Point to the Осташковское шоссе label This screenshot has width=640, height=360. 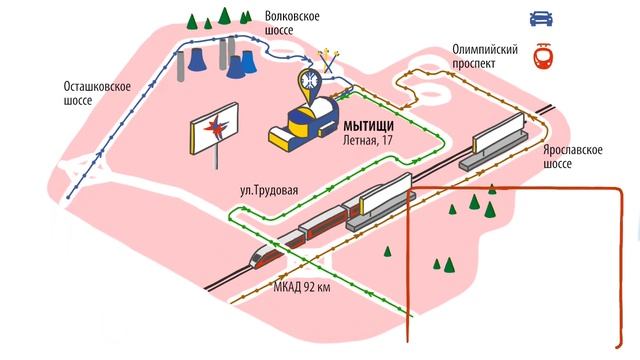pos(97,92)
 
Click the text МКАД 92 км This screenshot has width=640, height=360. pos(300,288)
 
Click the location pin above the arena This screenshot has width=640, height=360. pos(310,79)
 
